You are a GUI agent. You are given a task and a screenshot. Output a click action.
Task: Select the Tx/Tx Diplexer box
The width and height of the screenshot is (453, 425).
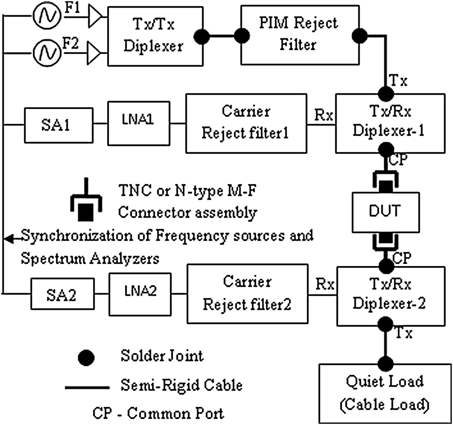pos(155,36)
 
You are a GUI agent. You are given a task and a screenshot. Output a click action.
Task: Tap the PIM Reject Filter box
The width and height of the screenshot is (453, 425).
pos(300,35)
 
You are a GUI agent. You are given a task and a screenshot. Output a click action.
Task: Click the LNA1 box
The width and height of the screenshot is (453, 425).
pos(138,123)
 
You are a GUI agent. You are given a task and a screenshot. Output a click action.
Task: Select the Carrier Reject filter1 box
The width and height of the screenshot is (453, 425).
pos(246,123)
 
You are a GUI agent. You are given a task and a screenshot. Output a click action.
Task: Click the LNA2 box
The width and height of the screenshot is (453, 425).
pos(140,294)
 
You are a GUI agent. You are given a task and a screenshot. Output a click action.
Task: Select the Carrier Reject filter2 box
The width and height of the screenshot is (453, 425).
pos(247,294)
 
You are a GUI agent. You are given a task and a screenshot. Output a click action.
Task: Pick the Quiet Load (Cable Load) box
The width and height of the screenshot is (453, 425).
pos(385,393)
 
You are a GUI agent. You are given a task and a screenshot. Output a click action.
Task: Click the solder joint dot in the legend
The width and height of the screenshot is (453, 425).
pos(86,358)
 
